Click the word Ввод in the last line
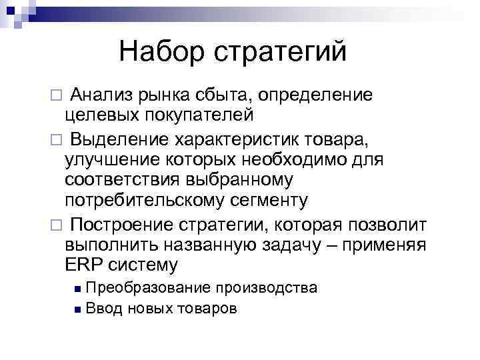pyautogui.click(x=103, y=309)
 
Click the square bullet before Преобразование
pyautogui.click(x=78, y=289)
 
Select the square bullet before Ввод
pyautogui.click(x=78, y=309)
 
